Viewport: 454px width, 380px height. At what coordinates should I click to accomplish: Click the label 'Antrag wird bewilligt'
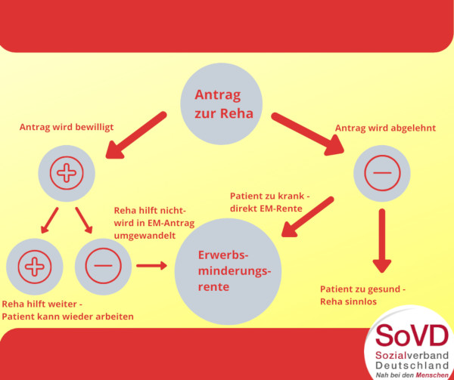[66, 127]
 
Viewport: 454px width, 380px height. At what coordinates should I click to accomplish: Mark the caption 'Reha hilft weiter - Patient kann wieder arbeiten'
[68, 310]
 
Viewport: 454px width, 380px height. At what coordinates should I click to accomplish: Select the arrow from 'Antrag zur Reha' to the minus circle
[306, 134]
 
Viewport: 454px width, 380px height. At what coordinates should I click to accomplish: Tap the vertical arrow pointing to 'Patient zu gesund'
[383, 240]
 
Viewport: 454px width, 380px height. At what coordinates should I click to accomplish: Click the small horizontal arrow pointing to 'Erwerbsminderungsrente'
[151, 265]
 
